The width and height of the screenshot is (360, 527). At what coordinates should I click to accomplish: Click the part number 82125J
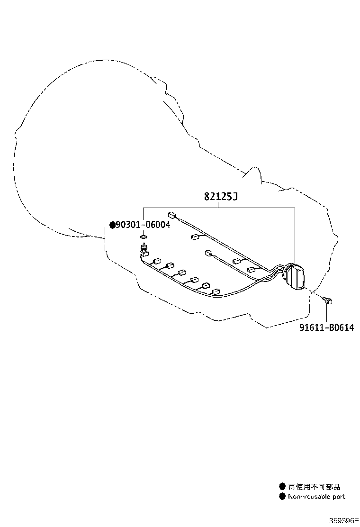221,196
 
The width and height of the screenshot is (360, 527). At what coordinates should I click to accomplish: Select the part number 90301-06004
143,224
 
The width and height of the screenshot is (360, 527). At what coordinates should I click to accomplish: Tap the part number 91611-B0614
326,327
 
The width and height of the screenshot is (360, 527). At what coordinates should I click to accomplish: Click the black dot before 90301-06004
113,224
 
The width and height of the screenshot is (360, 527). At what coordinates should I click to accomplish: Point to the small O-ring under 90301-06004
144,237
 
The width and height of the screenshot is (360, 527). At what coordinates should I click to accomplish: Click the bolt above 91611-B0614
327,300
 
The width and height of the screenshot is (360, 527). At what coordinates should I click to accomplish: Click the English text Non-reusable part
316,496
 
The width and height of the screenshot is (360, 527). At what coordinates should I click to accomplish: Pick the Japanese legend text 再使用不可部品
314,486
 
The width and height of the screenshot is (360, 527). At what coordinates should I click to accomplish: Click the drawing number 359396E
343,520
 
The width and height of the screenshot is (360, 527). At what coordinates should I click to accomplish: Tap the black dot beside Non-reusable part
282,496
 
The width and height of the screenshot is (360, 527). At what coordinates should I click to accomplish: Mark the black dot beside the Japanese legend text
282,486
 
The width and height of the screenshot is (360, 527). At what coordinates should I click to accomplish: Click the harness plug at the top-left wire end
171,214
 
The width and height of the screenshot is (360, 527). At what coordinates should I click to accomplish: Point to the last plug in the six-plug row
215,291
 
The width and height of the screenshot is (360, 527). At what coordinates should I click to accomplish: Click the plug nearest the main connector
252,269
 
